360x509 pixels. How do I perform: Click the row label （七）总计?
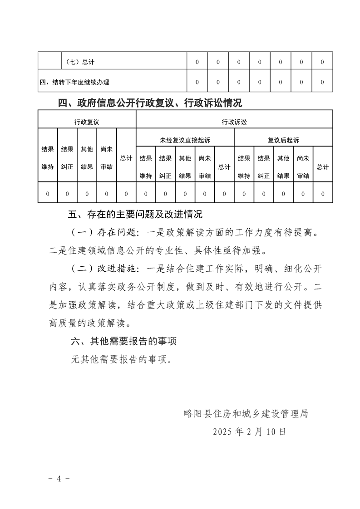pyautogui.click(x=80, y=62)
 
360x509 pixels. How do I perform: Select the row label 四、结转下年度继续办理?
pyautogui.click(x=74, y=82)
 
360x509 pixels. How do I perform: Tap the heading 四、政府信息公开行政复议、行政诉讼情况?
pyautogui.click(x=150, y=103)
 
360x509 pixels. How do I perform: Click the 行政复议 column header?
pyautogui.click(x=87, y=122)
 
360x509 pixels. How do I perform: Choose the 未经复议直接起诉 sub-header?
pyautogui.click(x=185, y=140)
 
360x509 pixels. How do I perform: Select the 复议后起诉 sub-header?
pyautogui.click(x=283, y=140)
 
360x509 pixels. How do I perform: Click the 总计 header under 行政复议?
pyautogui.click(x=126, y=158)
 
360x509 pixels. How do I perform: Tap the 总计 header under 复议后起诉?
pyautogui.click(x=323, y=167)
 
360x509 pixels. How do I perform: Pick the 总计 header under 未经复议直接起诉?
pyautogui.click(x=224, y=167)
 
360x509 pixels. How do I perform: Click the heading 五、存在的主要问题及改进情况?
pyautogui.click(x=135, y=214)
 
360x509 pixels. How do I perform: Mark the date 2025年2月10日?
pyautogui.click(x=249, y=431)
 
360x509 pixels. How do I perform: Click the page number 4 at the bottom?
pyautogui.click(x=59, y=479)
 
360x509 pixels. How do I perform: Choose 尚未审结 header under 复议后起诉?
pyautogui.click(x=303, y=167)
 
